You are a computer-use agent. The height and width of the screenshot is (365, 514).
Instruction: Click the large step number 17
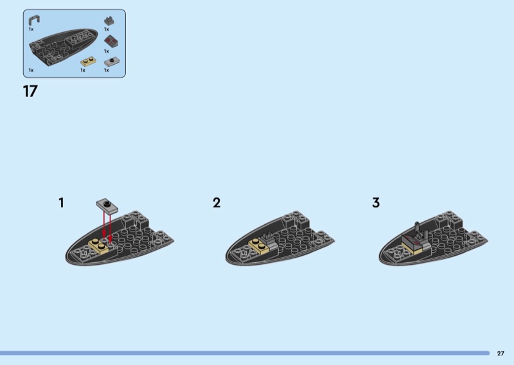point(30,91)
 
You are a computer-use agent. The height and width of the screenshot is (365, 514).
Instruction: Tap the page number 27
point(501,353)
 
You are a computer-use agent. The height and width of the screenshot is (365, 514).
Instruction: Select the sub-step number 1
point(61,202)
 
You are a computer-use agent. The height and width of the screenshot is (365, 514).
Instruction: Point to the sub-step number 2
point(217,202)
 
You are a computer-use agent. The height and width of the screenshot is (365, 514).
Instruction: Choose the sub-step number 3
point(376,202)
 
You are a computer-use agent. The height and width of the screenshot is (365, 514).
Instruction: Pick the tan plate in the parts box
point(88,62)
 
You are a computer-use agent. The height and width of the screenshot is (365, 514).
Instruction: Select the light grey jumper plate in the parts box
point(112,62)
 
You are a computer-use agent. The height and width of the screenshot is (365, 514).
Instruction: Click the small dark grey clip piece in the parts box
point(109,21)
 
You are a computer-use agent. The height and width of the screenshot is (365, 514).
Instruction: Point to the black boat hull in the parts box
point(63,48)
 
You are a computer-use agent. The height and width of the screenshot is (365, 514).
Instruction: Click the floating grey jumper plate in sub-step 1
point(107,206)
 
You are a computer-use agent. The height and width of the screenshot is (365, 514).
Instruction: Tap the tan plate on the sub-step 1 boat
point(99,245)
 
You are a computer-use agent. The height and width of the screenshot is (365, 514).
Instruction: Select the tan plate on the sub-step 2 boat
point(259,246)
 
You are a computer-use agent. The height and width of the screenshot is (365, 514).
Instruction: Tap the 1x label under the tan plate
point(83,70)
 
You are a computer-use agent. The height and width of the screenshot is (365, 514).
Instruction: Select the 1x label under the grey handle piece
point(31,29)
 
